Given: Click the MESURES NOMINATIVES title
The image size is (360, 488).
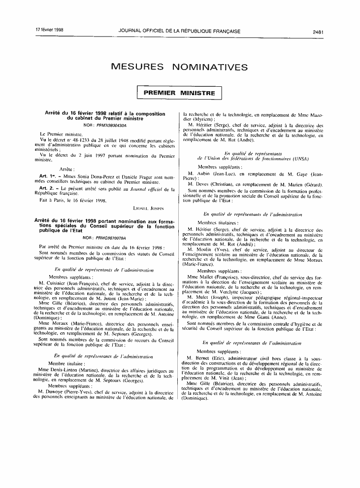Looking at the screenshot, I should (179, 66).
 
